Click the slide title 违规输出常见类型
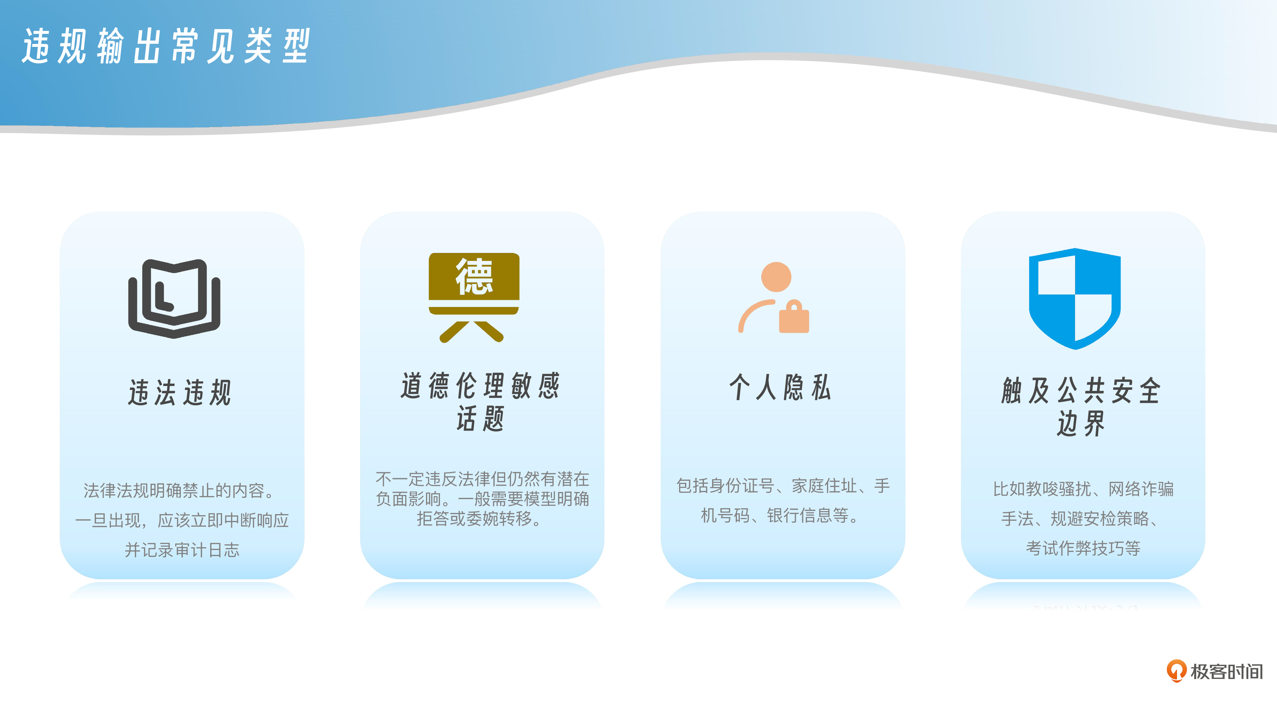[166, 46]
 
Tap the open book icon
[174, 299]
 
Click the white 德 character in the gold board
[474, 276]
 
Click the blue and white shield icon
[1075, 299]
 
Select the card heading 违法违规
[180, 392]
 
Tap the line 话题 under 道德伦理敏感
[480, 419]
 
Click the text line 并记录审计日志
[182, 550]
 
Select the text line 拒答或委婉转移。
[479, 518]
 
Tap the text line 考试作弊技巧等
[1083, 548]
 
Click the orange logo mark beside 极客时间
[1176, 671]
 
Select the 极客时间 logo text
[1227, 672]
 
